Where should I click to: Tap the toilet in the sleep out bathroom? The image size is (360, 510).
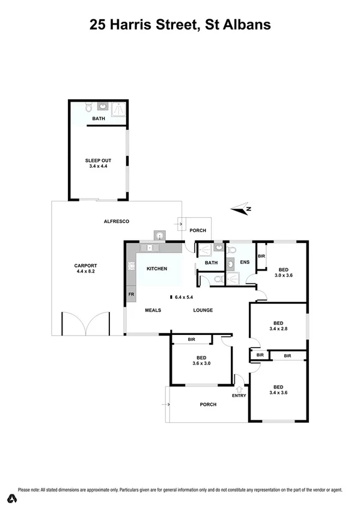coord(88,108)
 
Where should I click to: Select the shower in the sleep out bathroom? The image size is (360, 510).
coord(118,108)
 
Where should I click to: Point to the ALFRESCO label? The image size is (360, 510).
coord(117,221)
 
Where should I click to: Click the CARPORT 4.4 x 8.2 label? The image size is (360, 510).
coord(85,268)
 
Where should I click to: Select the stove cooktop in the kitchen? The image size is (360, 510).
coord(130,268)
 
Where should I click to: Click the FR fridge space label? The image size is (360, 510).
coord(130,295)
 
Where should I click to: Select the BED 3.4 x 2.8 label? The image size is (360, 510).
coord(278,325)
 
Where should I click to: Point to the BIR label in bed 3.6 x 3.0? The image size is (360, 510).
coord(191,340)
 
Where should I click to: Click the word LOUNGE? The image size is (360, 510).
coord(203,310)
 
